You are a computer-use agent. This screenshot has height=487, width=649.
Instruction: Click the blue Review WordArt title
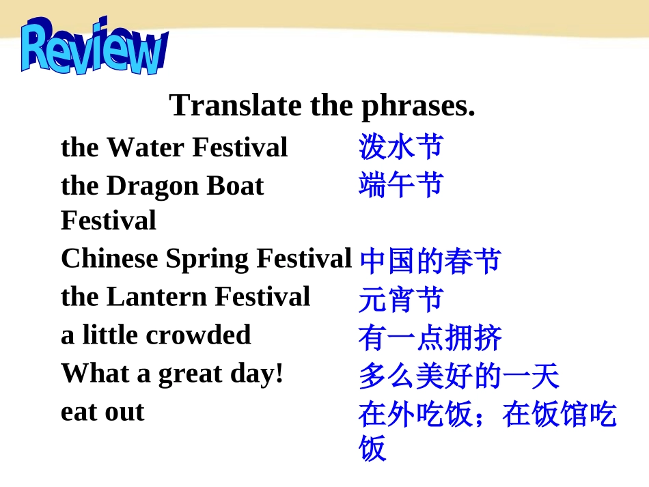[x=94, y=46]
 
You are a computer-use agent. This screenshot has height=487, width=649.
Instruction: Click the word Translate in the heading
[x=235, y=105]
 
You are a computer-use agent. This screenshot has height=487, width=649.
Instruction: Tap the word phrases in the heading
[x=419, y=107]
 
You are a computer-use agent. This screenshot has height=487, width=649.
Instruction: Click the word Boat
[x=235, y=185]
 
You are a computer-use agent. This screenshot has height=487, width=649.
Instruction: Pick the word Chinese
[x=109, y=258]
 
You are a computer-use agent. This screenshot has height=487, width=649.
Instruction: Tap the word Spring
[x=207, y=260]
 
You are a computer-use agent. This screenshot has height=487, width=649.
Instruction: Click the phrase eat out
[x=102, y=412]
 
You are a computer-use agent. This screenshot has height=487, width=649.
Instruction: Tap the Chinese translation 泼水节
[x=401, y=146]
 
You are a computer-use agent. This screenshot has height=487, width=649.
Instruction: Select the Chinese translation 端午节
[x=401, y=184]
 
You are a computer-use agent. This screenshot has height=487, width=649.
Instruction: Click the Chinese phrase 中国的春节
[x=430, y=261]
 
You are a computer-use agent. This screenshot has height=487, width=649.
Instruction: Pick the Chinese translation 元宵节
[x=401, y=298]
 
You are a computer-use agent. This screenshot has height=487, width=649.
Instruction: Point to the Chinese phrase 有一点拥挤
[x=430, y=337]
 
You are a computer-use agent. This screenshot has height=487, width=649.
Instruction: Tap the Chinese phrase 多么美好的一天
[x=459, y=376]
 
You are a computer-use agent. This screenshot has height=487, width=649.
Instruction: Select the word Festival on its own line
[x=109, y=220]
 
